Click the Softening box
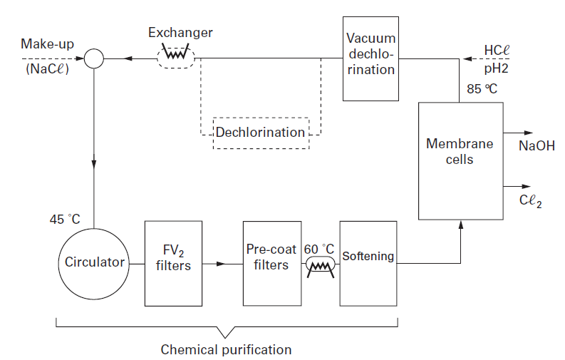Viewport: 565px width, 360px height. point(368,262)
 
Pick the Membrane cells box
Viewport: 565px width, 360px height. point(460,160)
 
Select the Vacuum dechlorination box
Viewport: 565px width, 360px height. point(370,58)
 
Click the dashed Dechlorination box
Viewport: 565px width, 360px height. point(261,133)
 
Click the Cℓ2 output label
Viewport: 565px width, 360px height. point(531,202)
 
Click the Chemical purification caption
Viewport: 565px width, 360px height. point(226,349)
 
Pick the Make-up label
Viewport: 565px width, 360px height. point(47,45)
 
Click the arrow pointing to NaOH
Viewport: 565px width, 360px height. point(526,133)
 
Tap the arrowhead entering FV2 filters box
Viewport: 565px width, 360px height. point(140,262)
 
